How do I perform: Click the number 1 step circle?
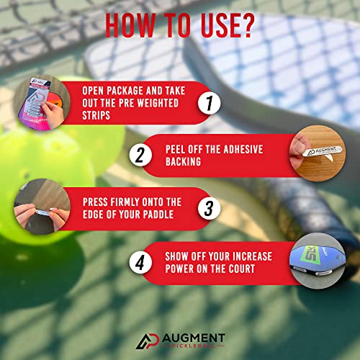(x=208, y=104)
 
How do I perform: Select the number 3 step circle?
(x=208, y=209)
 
